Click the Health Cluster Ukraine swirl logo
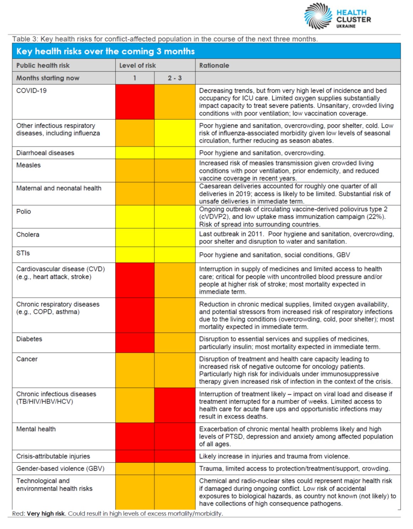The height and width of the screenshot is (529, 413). (318, 16)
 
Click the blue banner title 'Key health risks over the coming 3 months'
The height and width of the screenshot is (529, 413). (106, 51)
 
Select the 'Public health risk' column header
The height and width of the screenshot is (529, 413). (43, 65)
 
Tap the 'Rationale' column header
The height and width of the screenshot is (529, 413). (214, 65)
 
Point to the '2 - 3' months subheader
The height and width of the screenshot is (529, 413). (175, 78)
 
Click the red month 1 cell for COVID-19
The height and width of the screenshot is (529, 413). (135, 102)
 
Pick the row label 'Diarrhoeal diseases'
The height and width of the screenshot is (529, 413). (45, 153)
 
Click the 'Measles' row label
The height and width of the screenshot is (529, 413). (28, 165)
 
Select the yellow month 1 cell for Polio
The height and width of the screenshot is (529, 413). (135, 217)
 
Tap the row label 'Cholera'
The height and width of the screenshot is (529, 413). (28, 235)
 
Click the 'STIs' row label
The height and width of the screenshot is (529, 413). (23, 253)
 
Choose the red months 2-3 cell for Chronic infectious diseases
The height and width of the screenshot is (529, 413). (175, 405)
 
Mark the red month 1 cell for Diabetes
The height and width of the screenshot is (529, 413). (135, 343)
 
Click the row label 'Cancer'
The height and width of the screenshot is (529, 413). (27, 359)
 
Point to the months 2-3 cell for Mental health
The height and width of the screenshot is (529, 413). (175, 436)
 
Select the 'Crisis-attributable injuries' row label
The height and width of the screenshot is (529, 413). (53, 456)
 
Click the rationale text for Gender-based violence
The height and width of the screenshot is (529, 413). (294, 469)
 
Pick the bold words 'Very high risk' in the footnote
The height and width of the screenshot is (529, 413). (46, 514)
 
